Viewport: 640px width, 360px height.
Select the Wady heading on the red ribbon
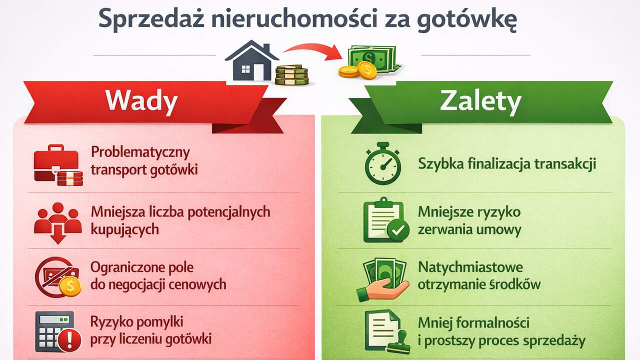tap(141, 101)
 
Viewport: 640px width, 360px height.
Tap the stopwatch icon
tap(382, 163)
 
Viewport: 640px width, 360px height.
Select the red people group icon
tap(58, 221)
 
